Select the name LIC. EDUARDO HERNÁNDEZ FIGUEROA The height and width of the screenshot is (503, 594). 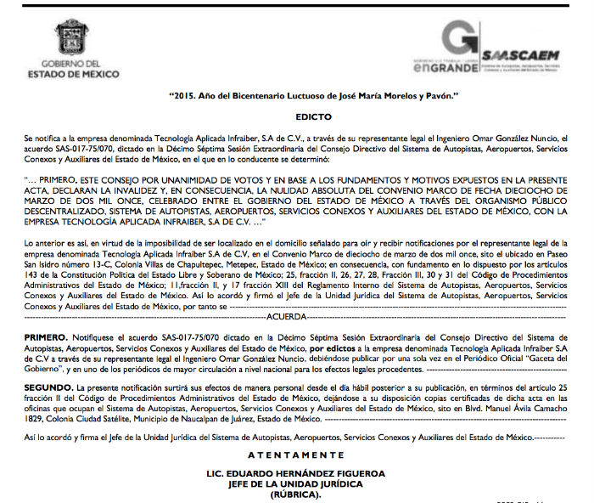296,472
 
